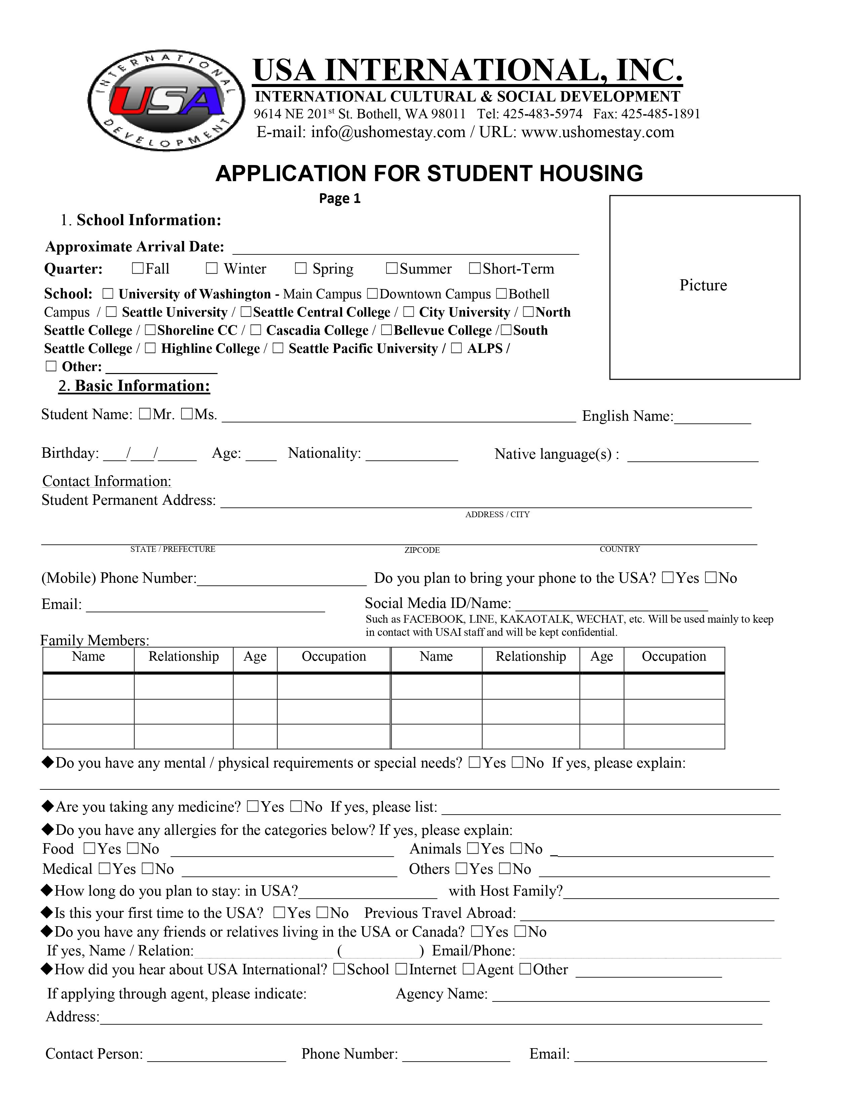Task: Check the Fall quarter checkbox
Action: pyautogui.click(x=137, y=268)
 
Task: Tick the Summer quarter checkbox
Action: pyautogui.click(x=392, y=268)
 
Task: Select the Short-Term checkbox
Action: pyautogui.click(x=475, y=268)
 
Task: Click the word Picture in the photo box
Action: pyautogui.click(x=703, y=285)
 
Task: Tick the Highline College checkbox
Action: pyautogui.click(x=150, y=348)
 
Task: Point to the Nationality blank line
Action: pyautogui.click(x=412, y=456)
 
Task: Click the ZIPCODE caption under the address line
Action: pyautogui.click(x=422, y=550)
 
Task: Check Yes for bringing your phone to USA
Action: pyautogui.click(x=668, y=577)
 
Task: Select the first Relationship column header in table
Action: pyautogui.click(x=183, y=657)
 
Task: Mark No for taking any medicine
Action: pyautogui.click(x=296, y=806)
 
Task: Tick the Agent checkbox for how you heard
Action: pyautogui.click(x=468, y=969)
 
